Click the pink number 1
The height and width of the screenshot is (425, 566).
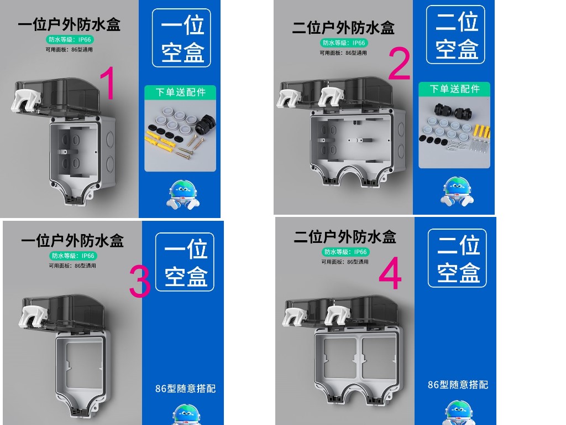[108, 83]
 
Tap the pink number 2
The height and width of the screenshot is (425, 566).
[399, 64]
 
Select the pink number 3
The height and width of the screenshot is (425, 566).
[140, 281]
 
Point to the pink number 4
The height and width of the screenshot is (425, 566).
[390, 273]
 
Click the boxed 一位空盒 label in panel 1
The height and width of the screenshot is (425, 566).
[181, 38]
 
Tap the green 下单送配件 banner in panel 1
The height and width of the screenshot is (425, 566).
[180, 92]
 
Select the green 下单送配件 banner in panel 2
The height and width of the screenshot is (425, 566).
[454, 89]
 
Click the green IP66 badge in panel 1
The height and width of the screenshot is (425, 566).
[70, 39]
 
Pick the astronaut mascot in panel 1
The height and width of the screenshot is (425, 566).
[183, 195]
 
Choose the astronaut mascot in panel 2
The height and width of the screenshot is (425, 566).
[457, 191]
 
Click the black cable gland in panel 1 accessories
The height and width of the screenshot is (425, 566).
[205, 124]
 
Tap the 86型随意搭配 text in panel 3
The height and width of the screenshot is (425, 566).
[185, 388]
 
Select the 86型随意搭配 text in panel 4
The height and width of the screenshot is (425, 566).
[458, 385]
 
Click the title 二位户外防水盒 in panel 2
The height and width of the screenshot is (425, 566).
[343, 28]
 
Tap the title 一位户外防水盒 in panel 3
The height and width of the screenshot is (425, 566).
[72, 241]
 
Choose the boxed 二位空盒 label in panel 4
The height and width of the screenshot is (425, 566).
[457, 258]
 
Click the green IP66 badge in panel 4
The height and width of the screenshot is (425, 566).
[345, 252]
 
